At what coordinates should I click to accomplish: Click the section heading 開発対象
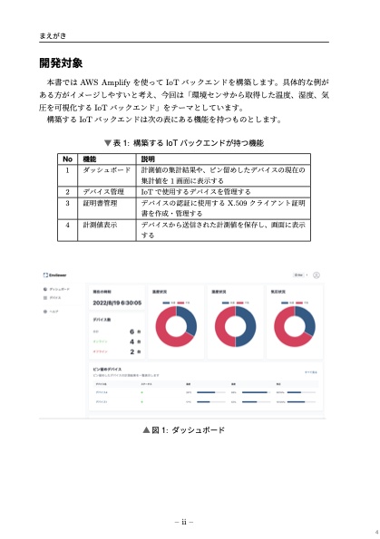coord(61,63)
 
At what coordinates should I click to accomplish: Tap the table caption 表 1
coord(184,142)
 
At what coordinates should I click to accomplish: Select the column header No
coord(67,159)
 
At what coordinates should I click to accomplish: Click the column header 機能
coord(91,159)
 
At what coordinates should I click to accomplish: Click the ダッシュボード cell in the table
coord(107,169)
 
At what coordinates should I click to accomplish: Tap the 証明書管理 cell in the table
coord(100,204)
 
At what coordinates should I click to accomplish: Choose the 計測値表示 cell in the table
coord(100,223)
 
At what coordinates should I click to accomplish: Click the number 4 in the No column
coord(67,223)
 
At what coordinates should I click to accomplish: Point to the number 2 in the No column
coord(67,192)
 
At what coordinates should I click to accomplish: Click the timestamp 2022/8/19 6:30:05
coord(116,303)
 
